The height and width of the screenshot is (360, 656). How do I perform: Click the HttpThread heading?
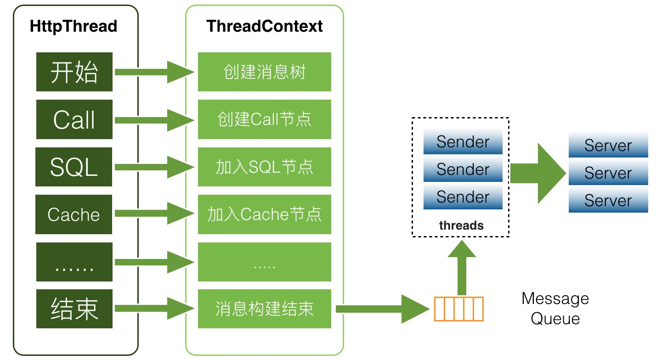coord(74,26)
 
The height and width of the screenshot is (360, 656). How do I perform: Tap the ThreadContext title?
coord(265,26)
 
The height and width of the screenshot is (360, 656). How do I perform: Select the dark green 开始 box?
coord(74,72)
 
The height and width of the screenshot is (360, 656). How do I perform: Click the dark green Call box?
coord(74,119)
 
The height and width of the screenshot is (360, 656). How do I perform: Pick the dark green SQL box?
coord(74,167)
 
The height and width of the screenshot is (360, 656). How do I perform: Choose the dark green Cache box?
coord(74,214)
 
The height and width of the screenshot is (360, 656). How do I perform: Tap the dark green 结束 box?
coord(74,309)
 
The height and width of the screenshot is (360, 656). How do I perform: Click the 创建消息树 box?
coord(265,72)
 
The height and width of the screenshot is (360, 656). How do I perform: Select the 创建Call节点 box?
coord(265,119)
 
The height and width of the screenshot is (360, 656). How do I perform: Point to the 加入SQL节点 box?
coord(265,167)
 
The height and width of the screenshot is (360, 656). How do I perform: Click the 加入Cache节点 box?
coord(265,214)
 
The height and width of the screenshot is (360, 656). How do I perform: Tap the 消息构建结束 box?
coord(265,309)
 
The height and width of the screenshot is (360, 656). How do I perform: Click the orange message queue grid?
coord(459,309)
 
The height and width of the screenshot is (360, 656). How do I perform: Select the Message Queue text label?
coord(555,309)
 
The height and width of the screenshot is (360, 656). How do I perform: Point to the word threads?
coord(461,225)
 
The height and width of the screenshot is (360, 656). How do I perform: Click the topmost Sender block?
coord(463,141)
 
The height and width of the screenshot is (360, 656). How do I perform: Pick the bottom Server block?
coord(608,200)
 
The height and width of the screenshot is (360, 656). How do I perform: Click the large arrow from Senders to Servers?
coord(538,173)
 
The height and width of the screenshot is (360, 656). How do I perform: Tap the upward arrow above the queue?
coord(462,268)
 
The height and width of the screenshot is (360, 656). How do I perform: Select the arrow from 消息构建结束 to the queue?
coord(383,309)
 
